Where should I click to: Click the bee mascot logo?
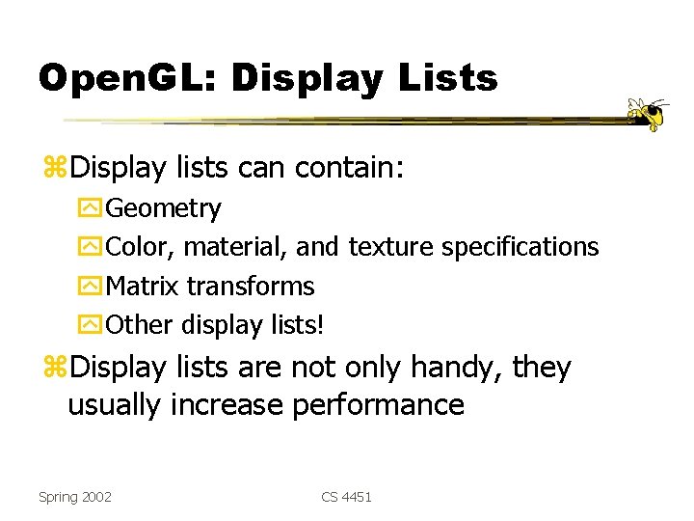(647, 114)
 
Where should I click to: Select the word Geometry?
(163, 208)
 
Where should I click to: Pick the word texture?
(391, 248)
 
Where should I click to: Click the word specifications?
(520, 248)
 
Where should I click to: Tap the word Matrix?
(143, 287)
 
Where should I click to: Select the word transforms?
(250, 287)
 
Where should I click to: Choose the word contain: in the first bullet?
(349, 170)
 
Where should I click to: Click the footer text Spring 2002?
(74, 497)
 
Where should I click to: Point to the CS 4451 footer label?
(346, 497)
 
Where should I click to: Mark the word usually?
(115, 405)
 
